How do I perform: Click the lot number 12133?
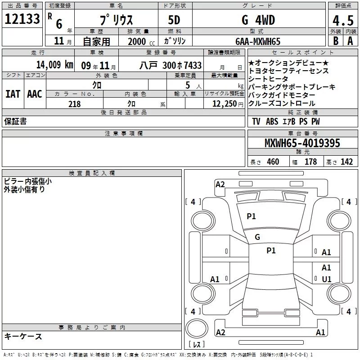click(x=22, y=19)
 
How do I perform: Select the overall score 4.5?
click(x=343, y=20)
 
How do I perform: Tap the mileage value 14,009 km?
click(x=54, y=65)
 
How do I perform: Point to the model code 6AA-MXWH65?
click(x=258, y=41)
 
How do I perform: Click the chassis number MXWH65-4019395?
click(x=302, y=143)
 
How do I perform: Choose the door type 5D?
click(x=174, y=20)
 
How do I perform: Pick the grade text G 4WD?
click(x=258, y=20)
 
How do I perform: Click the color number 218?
click(x=74, y=104)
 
